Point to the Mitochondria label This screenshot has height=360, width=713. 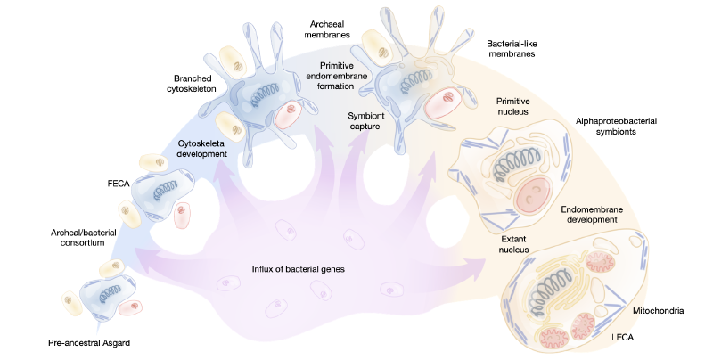click(x=656, y=311)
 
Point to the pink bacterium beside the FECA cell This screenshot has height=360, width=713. click(x=183, y=214)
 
